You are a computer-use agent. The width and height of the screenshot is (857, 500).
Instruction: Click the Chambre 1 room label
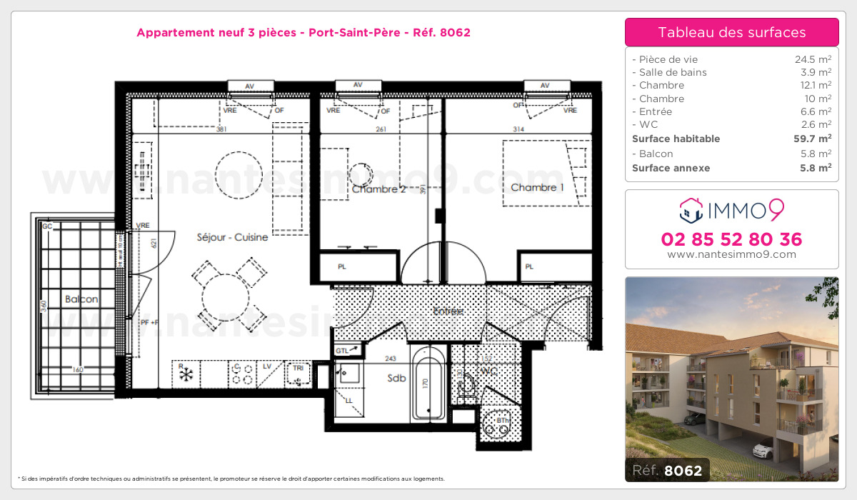(x=537, y=188)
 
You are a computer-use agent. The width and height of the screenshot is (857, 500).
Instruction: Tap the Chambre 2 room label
(x=379, y=189)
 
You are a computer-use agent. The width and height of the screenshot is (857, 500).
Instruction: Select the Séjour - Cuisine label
(x=233, y=237)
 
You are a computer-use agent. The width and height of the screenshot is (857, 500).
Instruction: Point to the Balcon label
(x=81, y=299)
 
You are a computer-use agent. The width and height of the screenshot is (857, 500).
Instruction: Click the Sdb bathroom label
(x=396, y=378)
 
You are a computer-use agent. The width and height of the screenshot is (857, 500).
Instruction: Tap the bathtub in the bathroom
(x=428, y=382)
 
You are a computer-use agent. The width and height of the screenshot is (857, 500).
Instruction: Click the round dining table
(x=228, y=298)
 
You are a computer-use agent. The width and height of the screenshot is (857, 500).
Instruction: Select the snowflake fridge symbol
(x=186, y=375)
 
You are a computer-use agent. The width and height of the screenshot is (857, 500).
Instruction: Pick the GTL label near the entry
(x=342, y=351)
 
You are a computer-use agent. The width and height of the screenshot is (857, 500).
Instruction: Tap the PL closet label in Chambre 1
(x=529, y=267)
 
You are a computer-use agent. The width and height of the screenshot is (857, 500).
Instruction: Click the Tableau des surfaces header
(x=731, y=33)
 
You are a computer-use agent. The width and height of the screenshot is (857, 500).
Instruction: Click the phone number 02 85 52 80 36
(x=731, y=239)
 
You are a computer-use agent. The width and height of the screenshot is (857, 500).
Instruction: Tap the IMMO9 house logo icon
(x=691, y=209)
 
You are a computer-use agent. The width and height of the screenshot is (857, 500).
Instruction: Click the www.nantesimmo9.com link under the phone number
(x=731, y=254)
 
